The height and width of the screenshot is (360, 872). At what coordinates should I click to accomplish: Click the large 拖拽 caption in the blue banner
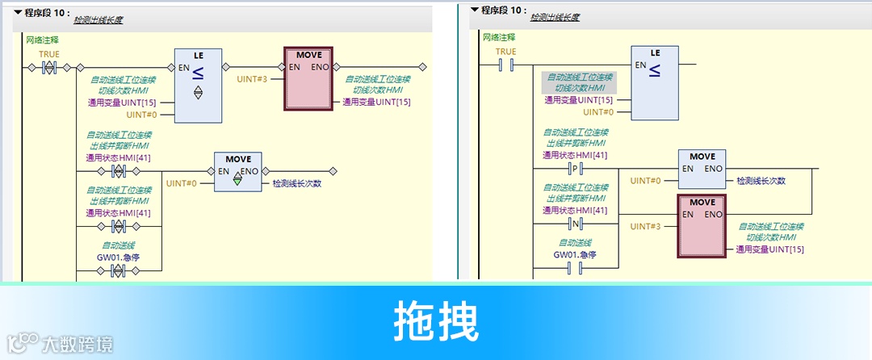436,321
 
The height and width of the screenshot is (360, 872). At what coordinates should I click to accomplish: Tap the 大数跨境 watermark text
78,345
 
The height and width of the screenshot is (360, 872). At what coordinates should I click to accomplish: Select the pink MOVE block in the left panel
308,78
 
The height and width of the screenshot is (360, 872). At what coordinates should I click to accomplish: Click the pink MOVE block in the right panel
702,225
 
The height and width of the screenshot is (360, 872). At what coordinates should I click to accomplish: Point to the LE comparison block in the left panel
198,85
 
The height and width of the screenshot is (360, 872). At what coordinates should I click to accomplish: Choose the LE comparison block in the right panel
655,81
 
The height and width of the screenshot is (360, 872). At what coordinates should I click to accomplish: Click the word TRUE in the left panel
49,54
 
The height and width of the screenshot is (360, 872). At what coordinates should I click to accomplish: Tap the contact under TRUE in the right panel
506,64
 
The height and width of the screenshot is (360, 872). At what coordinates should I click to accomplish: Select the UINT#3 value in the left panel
252,79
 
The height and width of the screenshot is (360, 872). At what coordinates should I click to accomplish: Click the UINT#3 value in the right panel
645,227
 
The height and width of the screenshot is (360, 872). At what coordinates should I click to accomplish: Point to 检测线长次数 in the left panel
296,183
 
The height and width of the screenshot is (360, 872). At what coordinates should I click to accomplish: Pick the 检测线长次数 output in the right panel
761,181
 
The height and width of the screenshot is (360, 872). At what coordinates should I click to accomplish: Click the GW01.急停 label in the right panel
575,254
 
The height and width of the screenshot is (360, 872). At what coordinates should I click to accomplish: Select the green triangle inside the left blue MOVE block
237,182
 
